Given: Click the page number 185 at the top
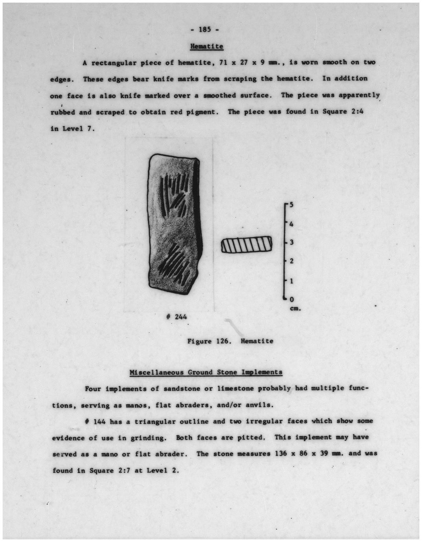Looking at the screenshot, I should (205, 29).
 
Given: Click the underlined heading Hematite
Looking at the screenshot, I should (207, 46).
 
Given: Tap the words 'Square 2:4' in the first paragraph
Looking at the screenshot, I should (343, 112).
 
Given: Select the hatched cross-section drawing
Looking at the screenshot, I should (247, 245).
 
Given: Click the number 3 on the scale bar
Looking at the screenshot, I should (292, 242).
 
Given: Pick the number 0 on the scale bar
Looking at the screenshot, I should (292, 300).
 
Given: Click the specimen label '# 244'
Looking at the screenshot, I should (176, 317).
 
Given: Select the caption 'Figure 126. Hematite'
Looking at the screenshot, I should (230, 341).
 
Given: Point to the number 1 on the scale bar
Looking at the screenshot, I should (292, 281).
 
